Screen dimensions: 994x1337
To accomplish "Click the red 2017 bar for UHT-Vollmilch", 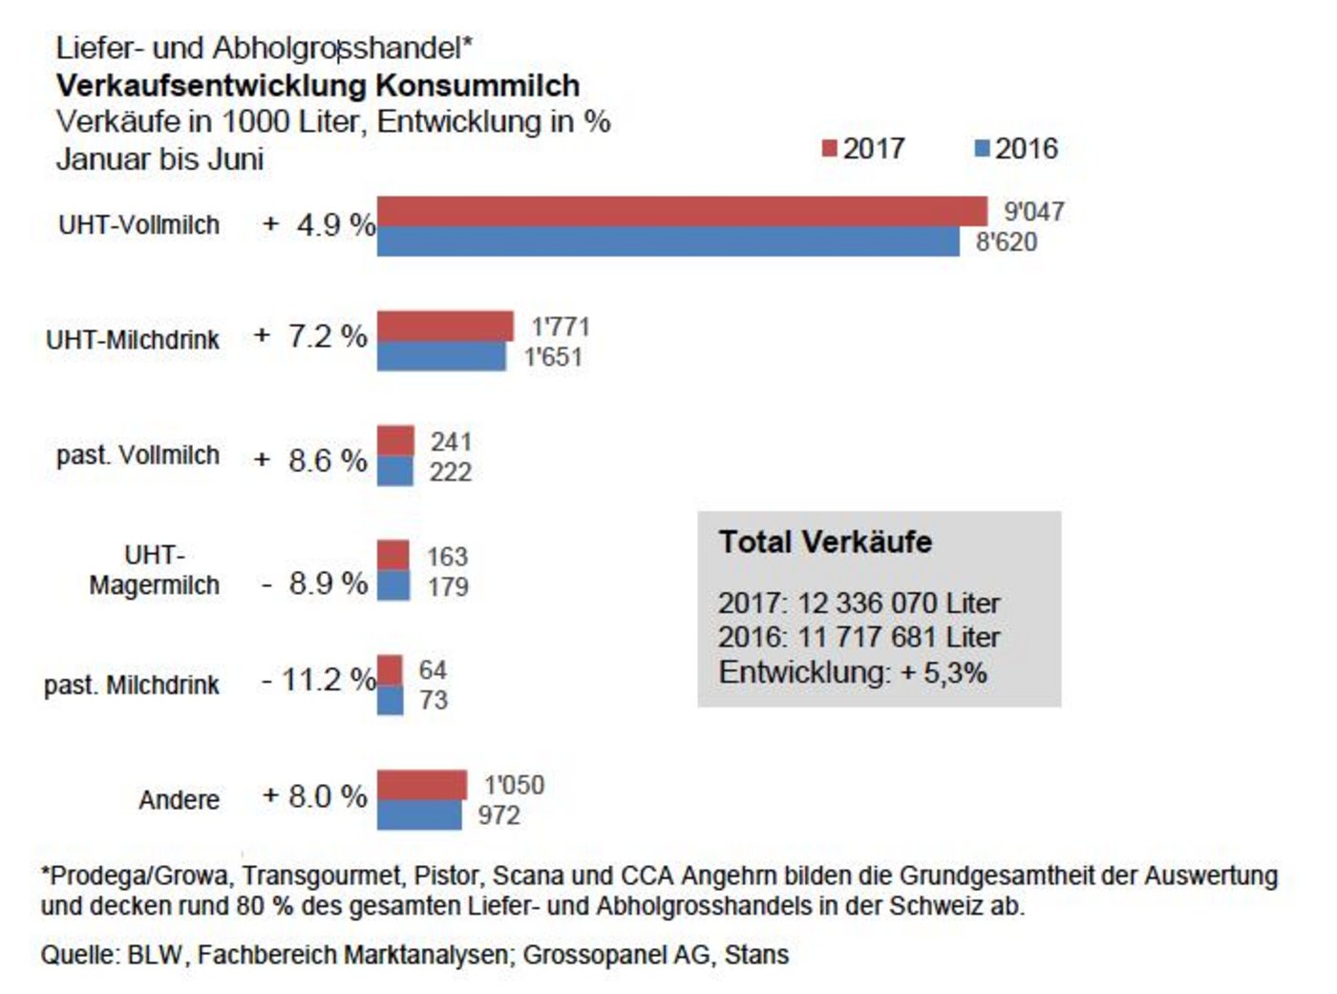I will (x=682, y=211).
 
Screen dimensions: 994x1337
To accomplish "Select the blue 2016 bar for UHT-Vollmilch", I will (x=668, y=242).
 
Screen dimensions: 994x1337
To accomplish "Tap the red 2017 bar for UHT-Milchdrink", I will (x=445, y=327).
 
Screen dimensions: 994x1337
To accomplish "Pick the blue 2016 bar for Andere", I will (x=419, y=815).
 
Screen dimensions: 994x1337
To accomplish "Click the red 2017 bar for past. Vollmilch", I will (x=395, y=441).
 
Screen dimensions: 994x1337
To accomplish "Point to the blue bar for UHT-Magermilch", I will (x=393, y=585).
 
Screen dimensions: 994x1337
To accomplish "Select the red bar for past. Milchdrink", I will (x=390, y=670).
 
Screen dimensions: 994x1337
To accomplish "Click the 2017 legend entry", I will (x=863, y=149).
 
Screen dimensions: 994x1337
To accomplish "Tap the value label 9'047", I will (x=1033, y=212).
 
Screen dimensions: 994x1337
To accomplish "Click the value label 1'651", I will (x=553, y=357).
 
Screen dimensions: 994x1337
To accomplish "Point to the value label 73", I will (x=434, y=700).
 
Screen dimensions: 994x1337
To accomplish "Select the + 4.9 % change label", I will (x=319, y=225).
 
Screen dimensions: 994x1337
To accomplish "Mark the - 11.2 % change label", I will (x=318, y=680).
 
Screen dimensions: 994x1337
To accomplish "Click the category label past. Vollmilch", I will (x=138, y=455).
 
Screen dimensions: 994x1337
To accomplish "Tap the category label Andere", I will (x=179, y=799).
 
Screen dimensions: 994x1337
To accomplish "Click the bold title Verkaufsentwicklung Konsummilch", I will (x=318, y=85).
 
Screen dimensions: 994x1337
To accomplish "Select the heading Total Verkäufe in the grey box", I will (x=825, y=542).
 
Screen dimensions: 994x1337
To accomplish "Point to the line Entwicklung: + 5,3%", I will (x=852, y=672).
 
